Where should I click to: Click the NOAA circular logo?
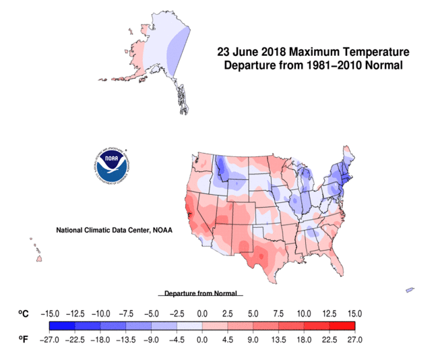pyautogui.click(x=113, y=167)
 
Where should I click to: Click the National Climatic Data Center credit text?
pyautogui.click(x=114, y=230)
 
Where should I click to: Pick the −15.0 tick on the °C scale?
pyautogui.click(x=51, y=314)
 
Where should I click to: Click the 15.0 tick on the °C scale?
pyautogui.click(x=354, y=314)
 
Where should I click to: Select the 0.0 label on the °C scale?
pyautogui.click(x=201, y=314)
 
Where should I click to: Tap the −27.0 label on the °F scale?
pyautogui.click(x=51, y=340)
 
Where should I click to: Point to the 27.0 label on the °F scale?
pyautogui.click(x=354, y=340)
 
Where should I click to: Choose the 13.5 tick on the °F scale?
pyautogui.click(x=279, y=340)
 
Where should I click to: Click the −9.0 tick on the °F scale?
pyautogui.click(x=150, y=340)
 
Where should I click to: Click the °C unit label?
pyautogui.click(x=24, y=314)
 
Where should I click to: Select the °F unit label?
pyautogui.click(x=24, y=340)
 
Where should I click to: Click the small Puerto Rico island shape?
pyautogui.click(x=409, y=290)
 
